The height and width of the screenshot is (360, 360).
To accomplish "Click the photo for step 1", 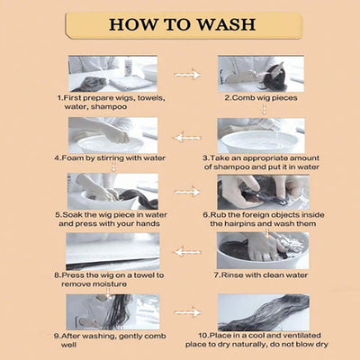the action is coord(112,74).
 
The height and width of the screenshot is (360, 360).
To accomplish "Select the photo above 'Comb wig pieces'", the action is coord(261,74).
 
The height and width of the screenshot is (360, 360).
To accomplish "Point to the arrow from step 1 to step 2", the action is coord(187,75).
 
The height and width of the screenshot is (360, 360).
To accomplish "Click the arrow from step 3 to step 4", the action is coord(187,138).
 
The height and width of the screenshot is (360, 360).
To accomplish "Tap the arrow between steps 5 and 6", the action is coord(187,192).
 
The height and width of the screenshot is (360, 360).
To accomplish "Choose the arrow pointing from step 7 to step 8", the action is coord(187,252).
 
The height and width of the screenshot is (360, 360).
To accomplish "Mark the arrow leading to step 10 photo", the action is coord(187,312).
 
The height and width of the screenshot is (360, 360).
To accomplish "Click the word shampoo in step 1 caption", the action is coord(109,107).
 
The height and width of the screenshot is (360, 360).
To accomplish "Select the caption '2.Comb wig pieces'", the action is coord(261,98).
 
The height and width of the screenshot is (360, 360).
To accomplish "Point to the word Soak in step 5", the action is coord(73,215).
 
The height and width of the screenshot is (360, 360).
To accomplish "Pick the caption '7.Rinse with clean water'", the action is coord(261,274).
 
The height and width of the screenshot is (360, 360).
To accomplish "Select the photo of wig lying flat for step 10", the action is coord(264,312).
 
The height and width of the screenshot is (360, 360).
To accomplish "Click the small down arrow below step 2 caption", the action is coord(265,109).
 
